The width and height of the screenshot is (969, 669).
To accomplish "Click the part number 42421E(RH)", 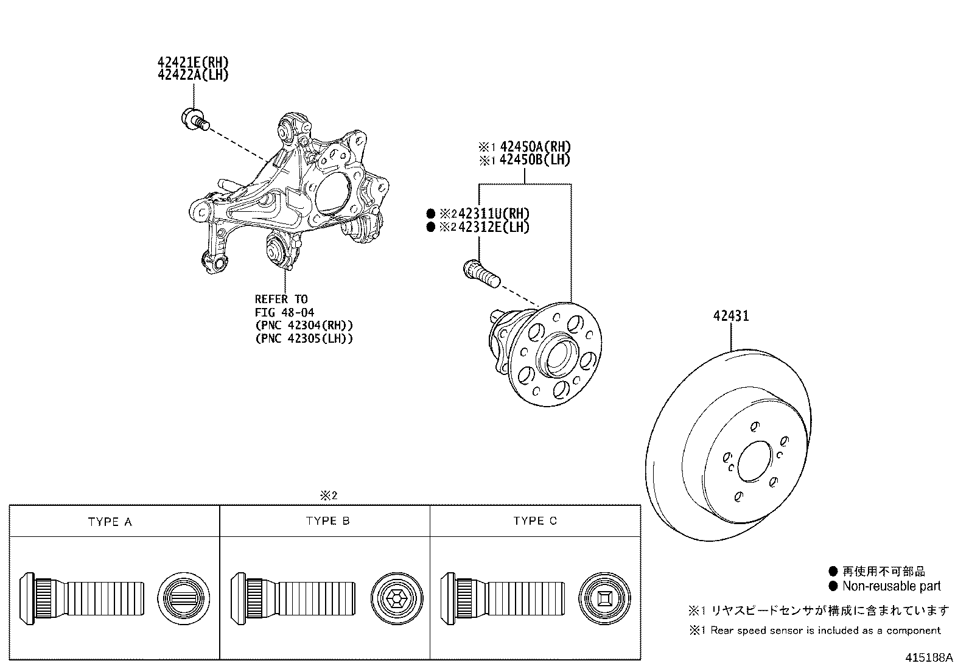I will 193,62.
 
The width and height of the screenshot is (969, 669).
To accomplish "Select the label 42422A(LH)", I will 193,75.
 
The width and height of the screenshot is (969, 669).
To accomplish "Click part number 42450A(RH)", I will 534,147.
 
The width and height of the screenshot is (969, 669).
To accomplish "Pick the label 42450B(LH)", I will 534,160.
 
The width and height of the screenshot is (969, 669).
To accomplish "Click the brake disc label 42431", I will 732,316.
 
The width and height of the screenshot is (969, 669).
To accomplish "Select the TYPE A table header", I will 110,522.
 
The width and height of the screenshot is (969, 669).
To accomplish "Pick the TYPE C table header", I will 534,521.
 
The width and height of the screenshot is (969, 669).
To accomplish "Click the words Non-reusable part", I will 891,586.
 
